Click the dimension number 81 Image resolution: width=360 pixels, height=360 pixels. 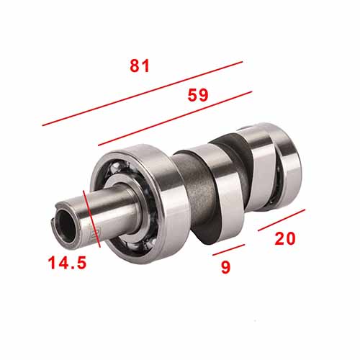140,66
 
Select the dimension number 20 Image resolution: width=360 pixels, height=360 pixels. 285,239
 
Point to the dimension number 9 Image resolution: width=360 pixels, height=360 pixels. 225,267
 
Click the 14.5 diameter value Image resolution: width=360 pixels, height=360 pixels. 67,263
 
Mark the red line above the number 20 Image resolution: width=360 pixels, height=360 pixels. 282,220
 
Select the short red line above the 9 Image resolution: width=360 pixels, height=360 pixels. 229,250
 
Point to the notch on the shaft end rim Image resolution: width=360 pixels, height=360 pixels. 56,216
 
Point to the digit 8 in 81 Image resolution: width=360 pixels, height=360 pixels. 135,66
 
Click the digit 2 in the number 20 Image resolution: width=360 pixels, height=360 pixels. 279,239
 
